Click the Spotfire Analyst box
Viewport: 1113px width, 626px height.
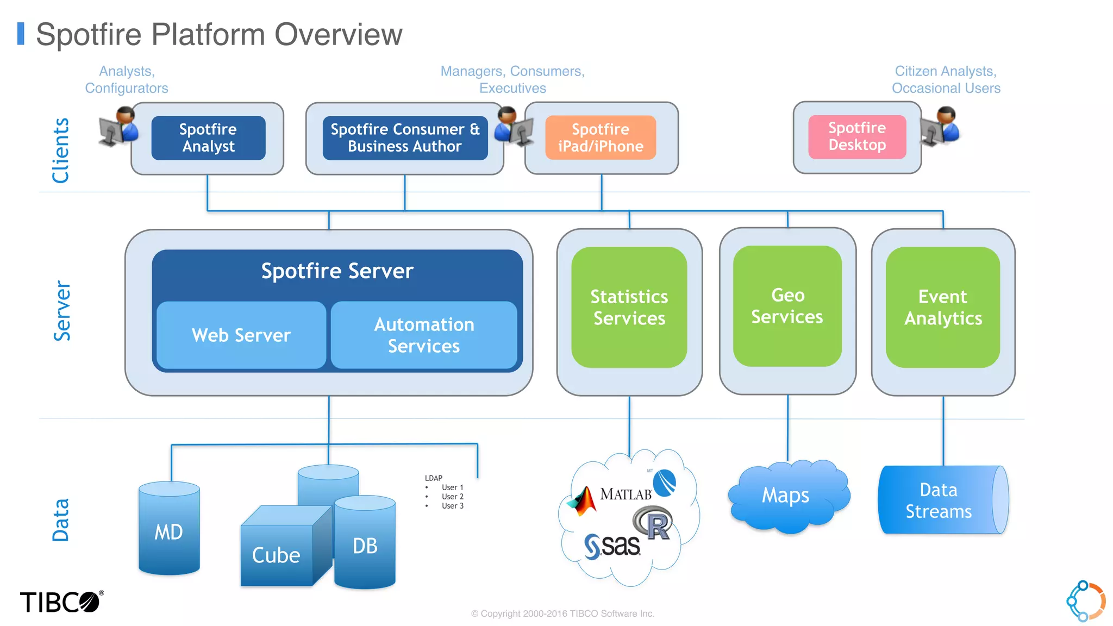tap(208, 138)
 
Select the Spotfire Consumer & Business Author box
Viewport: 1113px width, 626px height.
tap(405, 138)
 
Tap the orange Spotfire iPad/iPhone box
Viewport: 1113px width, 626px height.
tap(601, 138)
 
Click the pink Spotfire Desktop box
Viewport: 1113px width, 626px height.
tap(857, 137)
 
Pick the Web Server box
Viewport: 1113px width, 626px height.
tap(241, 335)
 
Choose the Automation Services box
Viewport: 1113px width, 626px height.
tap(424, 335)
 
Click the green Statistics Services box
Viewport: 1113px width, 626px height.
tap(629, 308)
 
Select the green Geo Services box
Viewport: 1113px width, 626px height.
tap(787, 306)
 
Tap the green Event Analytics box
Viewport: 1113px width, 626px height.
tap(943, 308)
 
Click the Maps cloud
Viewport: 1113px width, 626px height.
tap(786, 496)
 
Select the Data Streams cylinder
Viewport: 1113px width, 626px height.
tap(939, 500)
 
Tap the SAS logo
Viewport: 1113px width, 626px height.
tap(613, 546)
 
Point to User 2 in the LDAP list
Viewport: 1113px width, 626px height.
tap(452, 497)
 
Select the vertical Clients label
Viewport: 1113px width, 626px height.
tap(60, 151)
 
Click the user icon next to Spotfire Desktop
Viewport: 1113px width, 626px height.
tap(940, 127)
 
